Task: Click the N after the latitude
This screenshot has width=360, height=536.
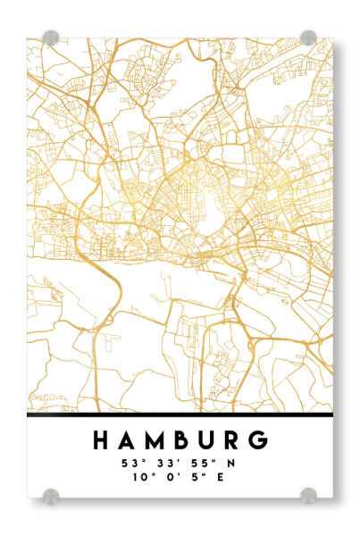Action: pos(230,464)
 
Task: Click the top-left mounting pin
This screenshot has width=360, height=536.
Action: pos(51,38)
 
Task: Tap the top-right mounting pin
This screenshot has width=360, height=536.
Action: pos(308,38)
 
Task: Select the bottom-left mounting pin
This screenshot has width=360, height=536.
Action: pos(51,494)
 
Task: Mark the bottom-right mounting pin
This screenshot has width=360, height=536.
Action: pos(308,494)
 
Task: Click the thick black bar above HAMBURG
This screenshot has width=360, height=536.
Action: pos(180,415)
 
